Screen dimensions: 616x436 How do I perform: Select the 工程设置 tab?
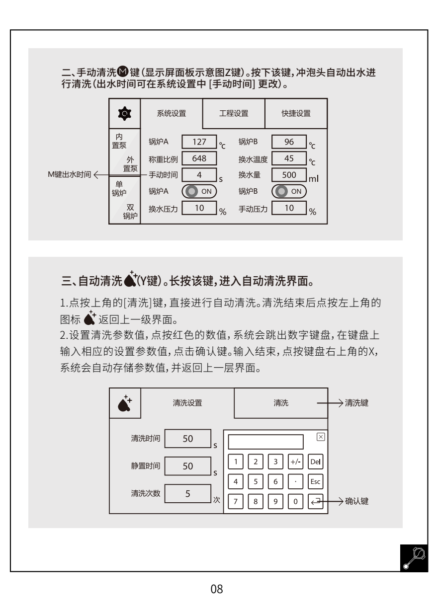coord(234,113)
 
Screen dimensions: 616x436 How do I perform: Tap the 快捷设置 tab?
coord(296,113)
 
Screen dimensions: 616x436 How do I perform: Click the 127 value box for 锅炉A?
coord(199,142)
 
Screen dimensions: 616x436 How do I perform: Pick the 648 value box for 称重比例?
coord(199,158)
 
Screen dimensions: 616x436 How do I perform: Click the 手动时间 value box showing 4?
coord(199,175)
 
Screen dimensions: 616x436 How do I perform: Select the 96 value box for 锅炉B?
coord(289,142)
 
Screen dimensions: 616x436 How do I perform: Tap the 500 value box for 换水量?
coord(289,175)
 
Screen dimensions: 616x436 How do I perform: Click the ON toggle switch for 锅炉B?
coord(289,191)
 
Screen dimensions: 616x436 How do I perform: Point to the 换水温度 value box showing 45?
coord(289,158)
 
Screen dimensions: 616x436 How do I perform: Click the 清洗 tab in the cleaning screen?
coord(281,402)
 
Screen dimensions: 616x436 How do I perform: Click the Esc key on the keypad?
coord(315,481)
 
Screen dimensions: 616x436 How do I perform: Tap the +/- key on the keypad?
coord(295,462)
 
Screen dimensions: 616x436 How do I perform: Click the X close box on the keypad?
coord(320,437)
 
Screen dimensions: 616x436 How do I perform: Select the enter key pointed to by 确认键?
coord(315,501)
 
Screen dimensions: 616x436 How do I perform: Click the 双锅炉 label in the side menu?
coord(130,212)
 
